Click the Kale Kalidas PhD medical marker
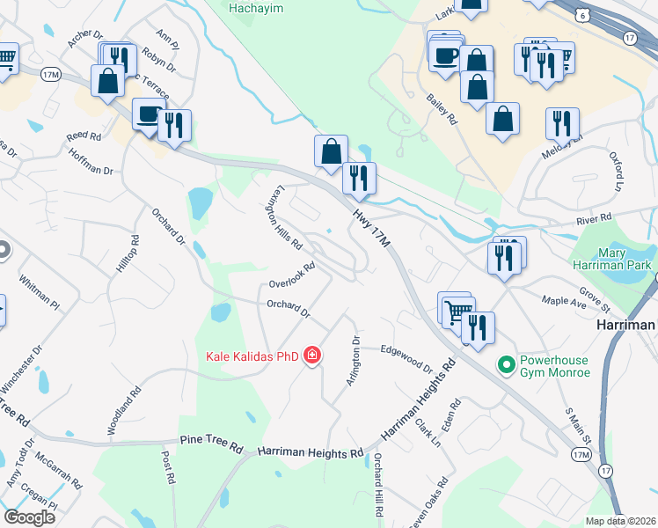coord(311,356)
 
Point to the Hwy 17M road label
coord(370,225)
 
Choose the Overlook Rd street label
coord(292,276)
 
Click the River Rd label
coord(594,218)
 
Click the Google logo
coord(29,517)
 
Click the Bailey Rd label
coord(442,109)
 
